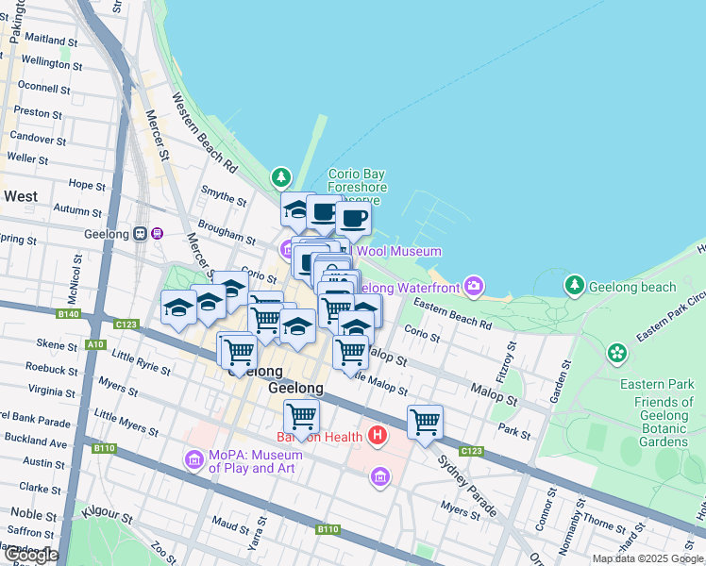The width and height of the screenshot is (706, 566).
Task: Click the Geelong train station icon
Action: point(142,234)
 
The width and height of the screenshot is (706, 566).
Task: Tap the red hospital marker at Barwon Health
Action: point(378,436)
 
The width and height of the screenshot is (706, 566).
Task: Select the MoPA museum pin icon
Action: point(194,460)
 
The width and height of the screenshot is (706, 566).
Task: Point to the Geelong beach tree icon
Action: point(574,285)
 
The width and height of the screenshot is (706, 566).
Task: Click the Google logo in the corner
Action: point(30,555)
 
